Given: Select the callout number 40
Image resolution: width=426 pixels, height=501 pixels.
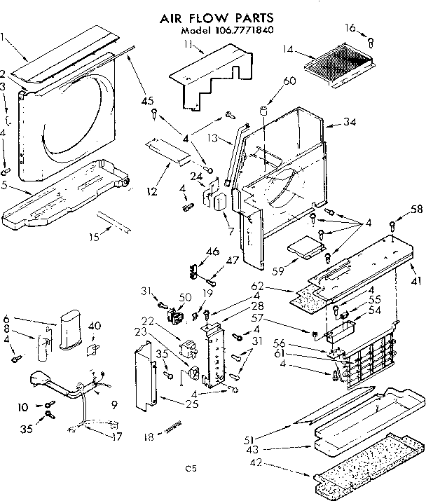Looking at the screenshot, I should [95, 325].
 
